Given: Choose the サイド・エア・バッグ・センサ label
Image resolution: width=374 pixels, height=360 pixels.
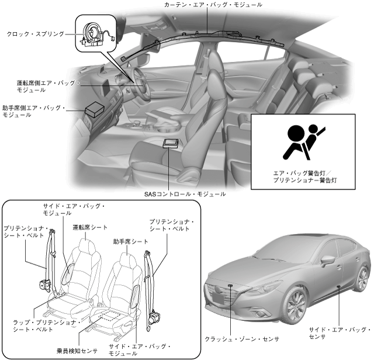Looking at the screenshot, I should [x=340, y=334].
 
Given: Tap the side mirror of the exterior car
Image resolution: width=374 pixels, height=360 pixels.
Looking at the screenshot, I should [x=326, y=260].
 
